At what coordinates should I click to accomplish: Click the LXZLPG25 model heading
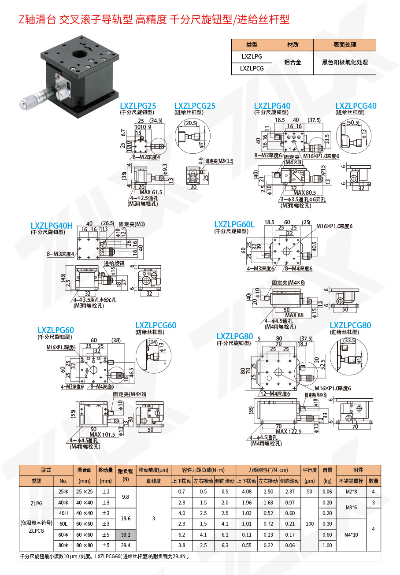pos(138,106)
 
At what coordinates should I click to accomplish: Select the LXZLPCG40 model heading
pos(356,106)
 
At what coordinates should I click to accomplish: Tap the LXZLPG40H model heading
pos(52,226)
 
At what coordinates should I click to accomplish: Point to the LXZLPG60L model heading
pos(234,225)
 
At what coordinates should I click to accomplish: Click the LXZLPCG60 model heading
pos(156,325)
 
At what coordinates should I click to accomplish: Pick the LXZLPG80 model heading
pos(235,337)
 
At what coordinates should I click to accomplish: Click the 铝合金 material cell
pos(293,63)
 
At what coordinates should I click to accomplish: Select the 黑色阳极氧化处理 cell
pos(344,63)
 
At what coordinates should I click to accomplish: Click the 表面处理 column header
pos(344,45)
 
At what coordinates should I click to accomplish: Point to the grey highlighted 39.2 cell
pos(126,534)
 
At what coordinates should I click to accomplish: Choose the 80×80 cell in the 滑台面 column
pos(85,545)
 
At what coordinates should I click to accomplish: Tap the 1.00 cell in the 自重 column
pos(327,545)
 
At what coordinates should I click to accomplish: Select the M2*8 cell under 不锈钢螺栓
pos(351,492)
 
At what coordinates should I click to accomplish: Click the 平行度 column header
pos(309,470)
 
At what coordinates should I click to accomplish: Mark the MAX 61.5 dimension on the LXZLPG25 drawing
pos(151,192)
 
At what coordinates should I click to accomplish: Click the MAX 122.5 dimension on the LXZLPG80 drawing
pos(289,431)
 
